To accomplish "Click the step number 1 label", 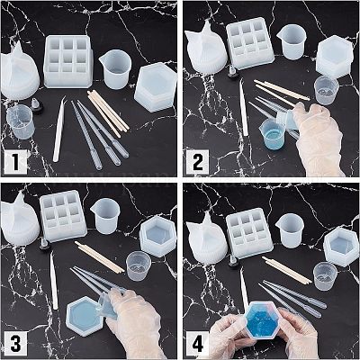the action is tap(15, 163).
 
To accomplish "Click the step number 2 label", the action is tap(197, 163).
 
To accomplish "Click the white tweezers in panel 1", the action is tap(59, 129).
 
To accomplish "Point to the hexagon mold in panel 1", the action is tap(156, 88).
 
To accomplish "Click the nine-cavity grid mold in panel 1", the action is tap(68, 61).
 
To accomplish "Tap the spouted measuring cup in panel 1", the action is tap(111, 69).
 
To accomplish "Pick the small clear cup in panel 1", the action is tap(19, 121).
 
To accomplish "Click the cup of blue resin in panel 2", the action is tap(273, 134).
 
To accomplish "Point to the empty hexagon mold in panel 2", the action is tap(336, 58).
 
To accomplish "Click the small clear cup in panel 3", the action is tap(139, 265).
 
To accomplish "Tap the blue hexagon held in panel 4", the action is tap(263, 321).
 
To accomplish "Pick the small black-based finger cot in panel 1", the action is tap(37, 107).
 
